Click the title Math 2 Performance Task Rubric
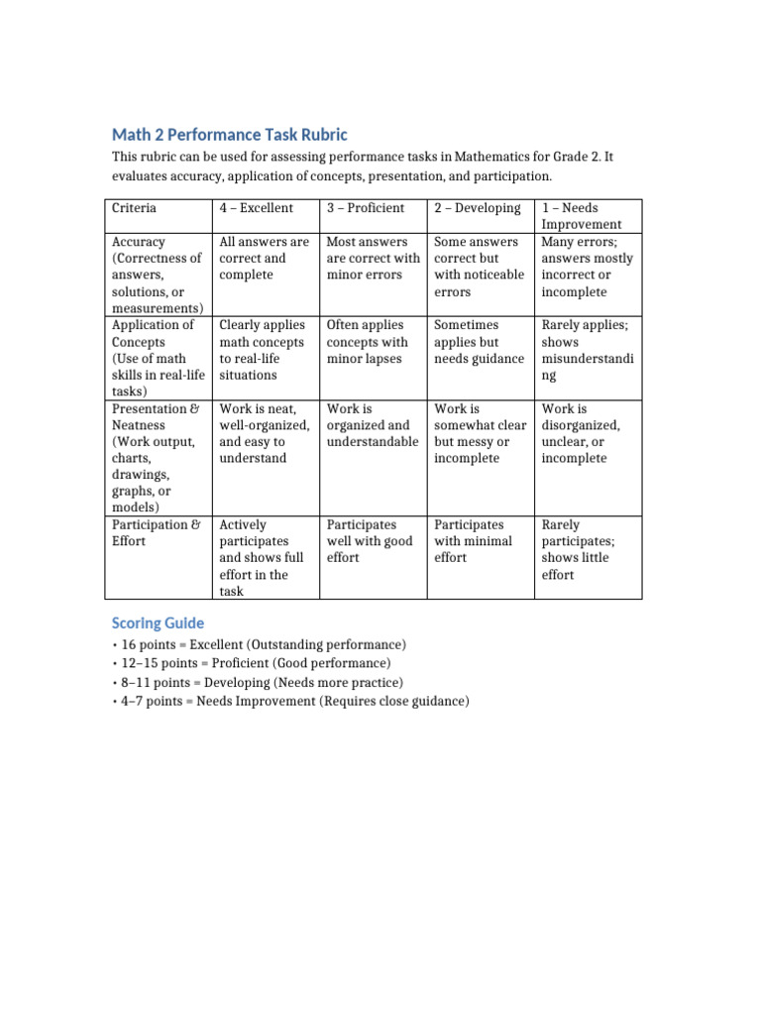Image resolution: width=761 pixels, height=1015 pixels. (x=230, y=134)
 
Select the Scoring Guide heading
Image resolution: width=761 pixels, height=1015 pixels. (x=159, y=622)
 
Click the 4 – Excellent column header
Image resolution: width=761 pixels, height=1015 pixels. (x=256, y=208)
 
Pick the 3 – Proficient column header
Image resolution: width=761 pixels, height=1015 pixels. (x=366, y=208)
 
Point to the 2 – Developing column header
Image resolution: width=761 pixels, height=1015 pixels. (x=477, y=208)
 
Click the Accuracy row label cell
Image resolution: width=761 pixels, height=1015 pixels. (x=158, y=275)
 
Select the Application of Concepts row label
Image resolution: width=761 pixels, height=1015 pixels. (x=158, y=358)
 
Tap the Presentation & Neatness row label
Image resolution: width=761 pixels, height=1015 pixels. (x=158, y=458)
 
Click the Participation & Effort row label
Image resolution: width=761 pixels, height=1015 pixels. (x=158, y=532)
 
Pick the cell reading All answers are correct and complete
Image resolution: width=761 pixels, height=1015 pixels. (x=264, y=258)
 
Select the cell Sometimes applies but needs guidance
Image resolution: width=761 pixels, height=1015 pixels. (x=479, y=342)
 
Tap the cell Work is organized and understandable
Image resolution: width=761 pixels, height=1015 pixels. (x=373, y=424)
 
